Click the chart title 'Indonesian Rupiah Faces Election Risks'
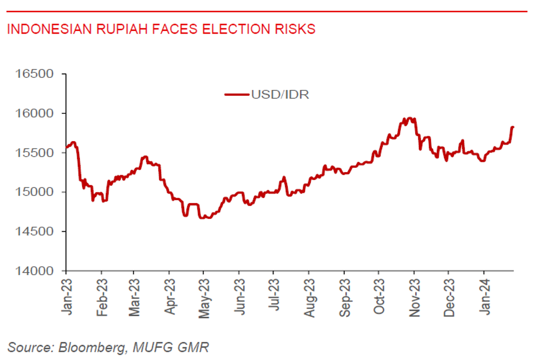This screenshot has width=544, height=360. (161, 29)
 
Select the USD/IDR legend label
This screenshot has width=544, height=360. (280, 95)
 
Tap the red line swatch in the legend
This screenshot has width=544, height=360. (237, 95)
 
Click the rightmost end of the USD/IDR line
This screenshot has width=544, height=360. (513, 127)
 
